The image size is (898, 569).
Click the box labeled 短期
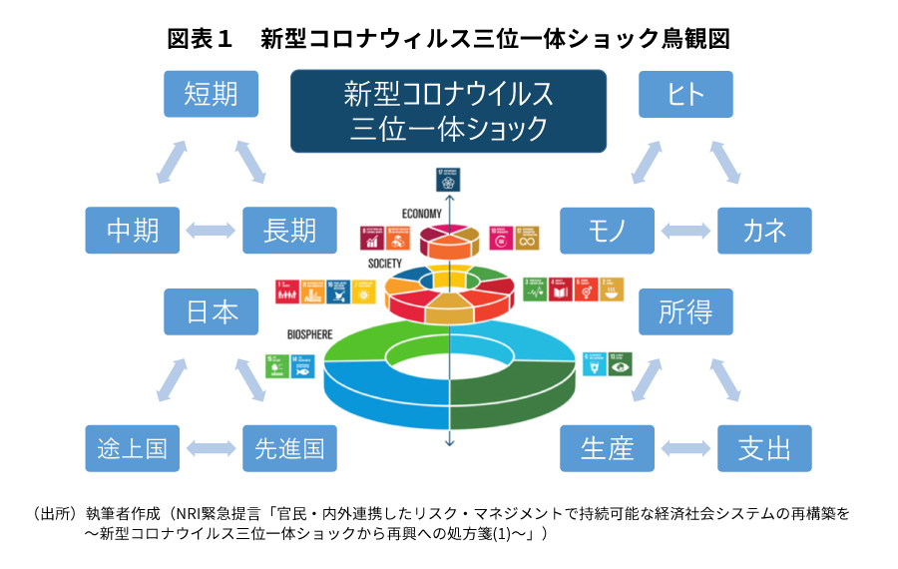coord(211,94)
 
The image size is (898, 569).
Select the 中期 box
coord(133,231)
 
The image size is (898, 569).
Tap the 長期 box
coord(289,231)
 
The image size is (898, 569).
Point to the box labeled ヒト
coord(685,94)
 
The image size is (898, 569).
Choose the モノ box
coord(607,231)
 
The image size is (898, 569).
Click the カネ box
coord(764,231)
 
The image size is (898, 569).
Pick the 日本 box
coord(211,312)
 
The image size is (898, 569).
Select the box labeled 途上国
coord(133,448)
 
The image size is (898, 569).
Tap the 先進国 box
coord(289,448)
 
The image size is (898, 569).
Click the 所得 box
coord(685,312)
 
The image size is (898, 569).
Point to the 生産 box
coord(607,448)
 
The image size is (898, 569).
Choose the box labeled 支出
coord(764,448)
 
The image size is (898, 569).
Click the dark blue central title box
coord(448,111)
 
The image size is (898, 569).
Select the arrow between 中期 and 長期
coord(212,231)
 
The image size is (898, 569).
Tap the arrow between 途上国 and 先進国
coord(212,448)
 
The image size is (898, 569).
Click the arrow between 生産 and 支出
coord(685,448)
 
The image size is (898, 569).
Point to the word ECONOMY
coord(422,214)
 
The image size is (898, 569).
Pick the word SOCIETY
coord(385,264)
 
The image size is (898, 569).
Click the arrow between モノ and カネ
coord(685,231)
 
